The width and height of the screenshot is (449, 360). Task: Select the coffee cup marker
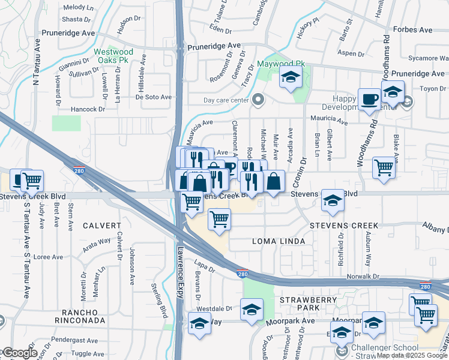(369, 98)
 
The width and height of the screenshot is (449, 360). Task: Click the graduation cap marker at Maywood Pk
(291, 77)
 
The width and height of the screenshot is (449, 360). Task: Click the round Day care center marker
(259, 100)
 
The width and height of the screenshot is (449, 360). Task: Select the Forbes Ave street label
(412, 29)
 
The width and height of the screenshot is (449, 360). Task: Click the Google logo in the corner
(20, 353)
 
